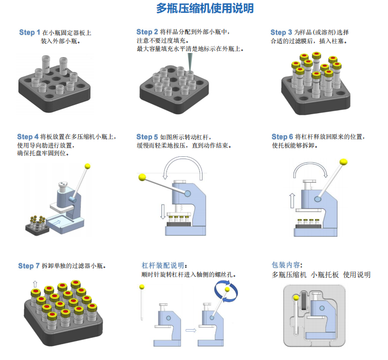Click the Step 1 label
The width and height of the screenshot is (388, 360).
point(29,32)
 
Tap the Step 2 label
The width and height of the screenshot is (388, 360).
point(147,32)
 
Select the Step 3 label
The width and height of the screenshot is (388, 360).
point(281,32)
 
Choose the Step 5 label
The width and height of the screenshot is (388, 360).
point(147,137)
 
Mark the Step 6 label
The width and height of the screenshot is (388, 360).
point(282,137)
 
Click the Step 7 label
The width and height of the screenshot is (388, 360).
point(29,266)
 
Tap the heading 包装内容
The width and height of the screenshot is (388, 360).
point(285,265)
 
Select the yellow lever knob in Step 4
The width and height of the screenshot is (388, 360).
point(88,167)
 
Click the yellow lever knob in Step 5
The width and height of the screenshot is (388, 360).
point(142,177)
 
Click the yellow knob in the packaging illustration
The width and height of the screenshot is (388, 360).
point(295,297)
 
